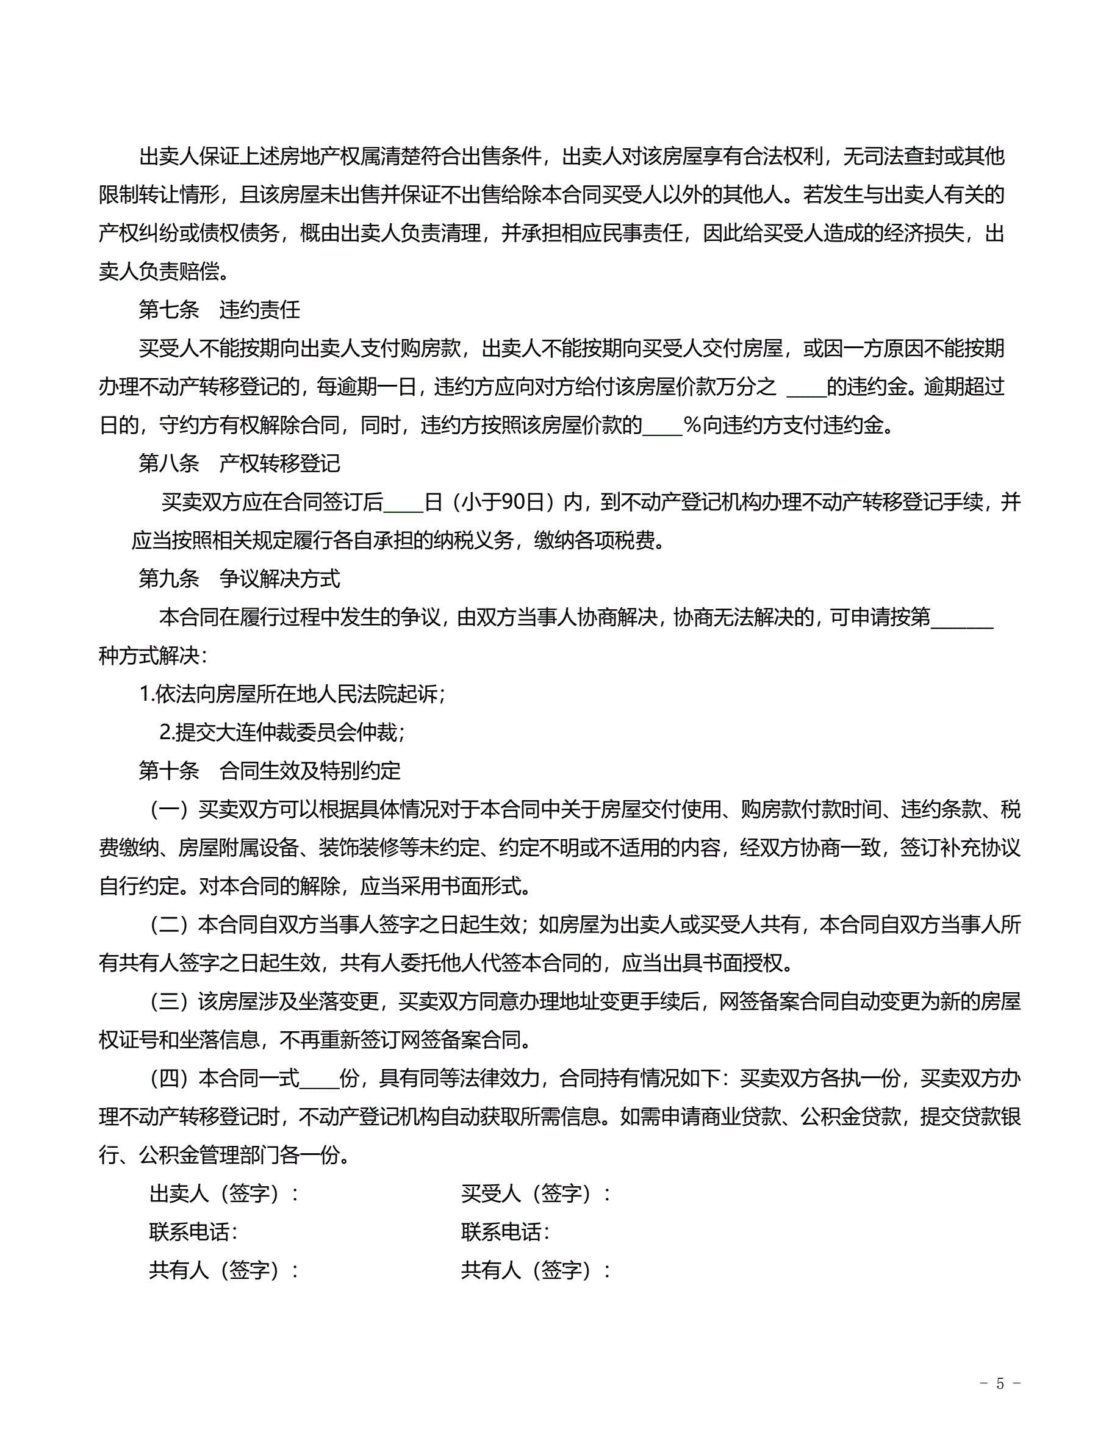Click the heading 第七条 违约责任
[x=219, y=310]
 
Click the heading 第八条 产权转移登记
[x=239, y=463]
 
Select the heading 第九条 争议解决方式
[x=239, y=579]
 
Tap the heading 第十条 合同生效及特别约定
[x=270, y=770]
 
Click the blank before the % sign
[x=662, y=426]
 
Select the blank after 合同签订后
[x=403, y=503]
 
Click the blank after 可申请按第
[x=962, y=618]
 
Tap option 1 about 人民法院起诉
[x=292, y=694]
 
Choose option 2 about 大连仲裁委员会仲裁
[x=282, y=732]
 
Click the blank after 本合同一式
[x=319, y=1079]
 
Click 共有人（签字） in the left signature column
[x=224, y=1270]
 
